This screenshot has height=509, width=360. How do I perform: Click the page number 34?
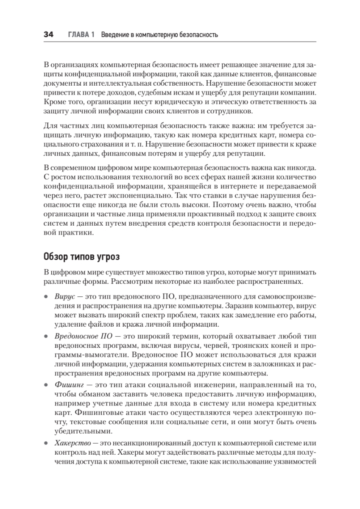(x=48, y=35)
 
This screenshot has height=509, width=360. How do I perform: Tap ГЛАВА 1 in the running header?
(x=81, y=35)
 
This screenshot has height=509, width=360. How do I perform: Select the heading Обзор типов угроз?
(x=82, y=257)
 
